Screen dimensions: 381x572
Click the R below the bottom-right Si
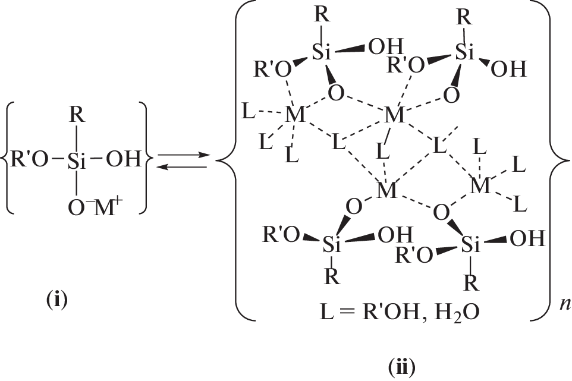point(470,284)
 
